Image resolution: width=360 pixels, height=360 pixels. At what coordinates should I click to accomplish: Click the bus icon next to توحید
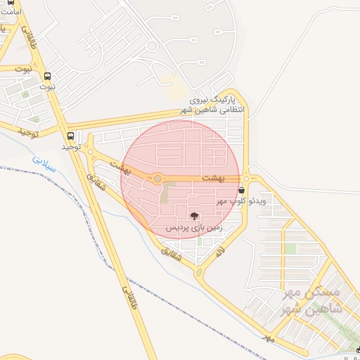pyautogui.click(x=70, y=136)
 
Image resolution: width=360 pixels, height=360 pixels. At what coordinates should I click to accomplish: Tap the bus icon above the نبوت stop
pyautogui.click(x=48, y=77)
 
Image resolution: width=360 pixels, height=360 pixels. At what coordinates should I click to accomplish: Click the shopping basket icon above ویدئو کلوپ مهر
pyautogui.click(x=242, y=190)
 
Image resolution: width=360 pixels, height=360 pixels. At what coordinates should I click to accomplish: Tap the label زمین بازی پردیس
pyautogui.click(x=194, y=229)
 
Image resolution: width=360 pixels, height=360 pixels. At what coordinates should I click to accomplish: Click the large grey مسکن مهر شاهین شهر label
pyautogui.click(x=310, y=300)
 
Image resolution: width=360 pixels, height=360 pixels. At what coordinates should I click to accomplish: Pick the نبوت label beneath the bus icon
pyautogui.click(x=47, y=87)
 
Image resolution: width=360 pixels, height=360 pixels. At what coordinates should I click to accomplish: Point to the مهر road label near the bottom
pyautogui.click(x=266, y=338)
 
